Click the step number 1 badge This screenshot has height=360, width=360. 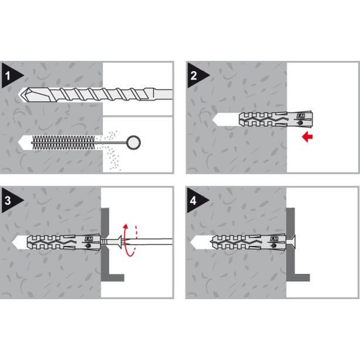coord(11,75)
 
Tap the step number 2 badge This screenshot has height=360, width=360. coord(195,75)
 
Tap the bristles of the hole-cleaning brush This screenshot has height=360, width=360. coord(59,142)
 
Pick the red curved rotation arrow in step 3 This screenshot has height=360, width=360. coord(130,239)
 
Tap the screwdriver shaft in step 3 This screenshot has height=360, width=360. coord(152,239)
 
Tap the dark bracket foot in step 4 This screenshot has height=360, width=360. coord(300,275)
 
